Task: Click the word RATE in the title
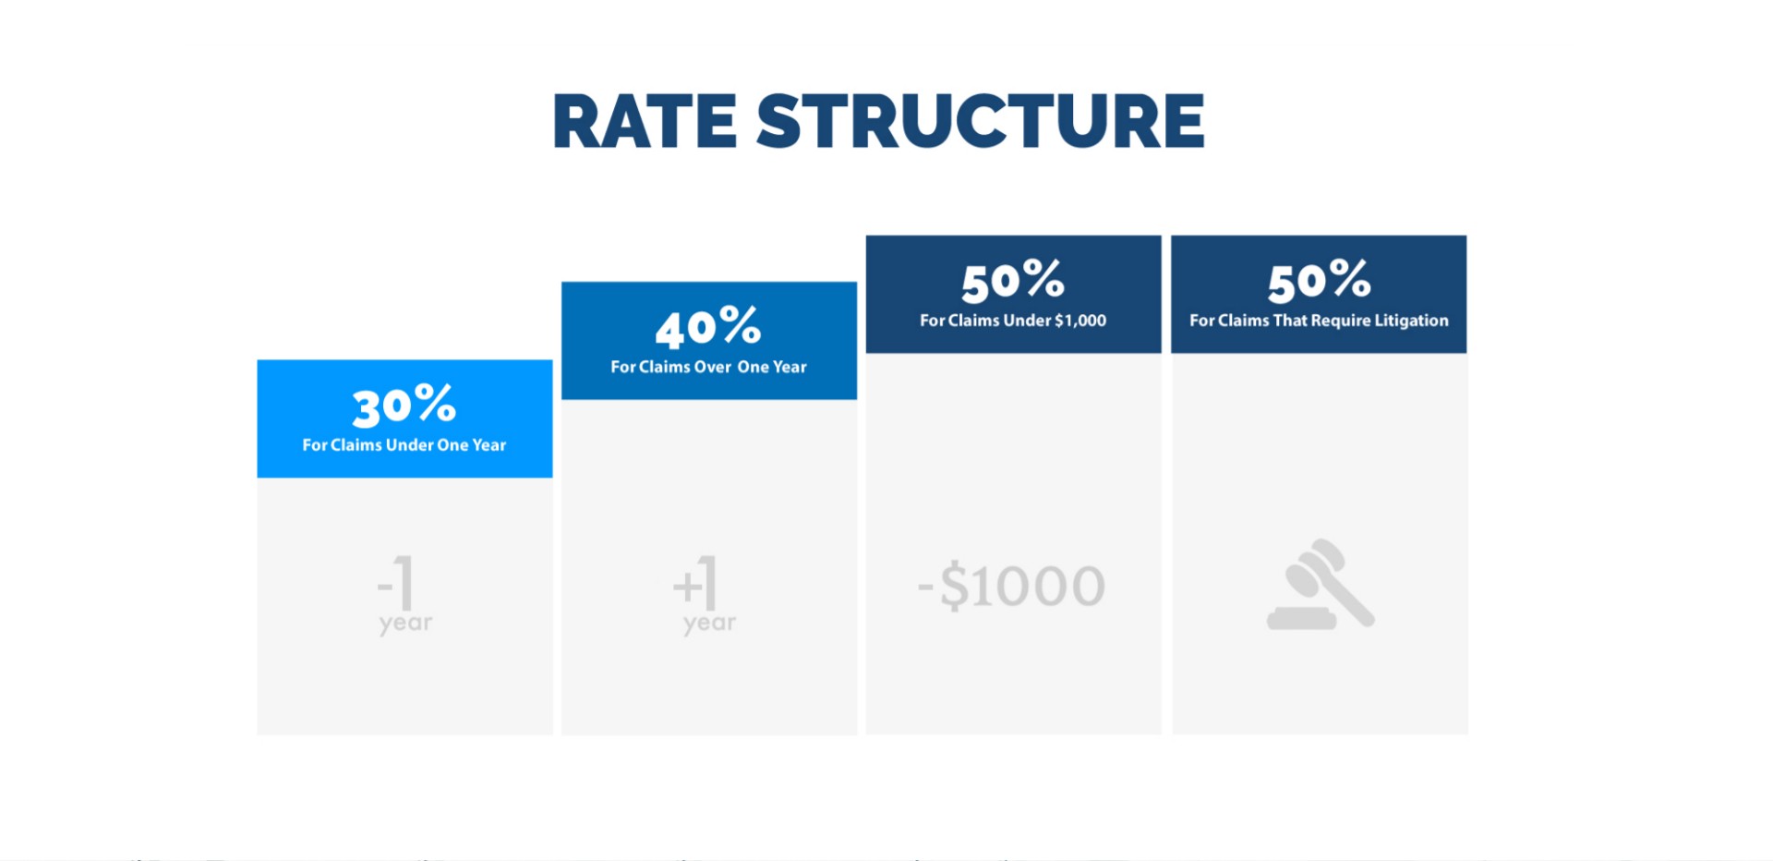pyautogui.click(x=645, y=121)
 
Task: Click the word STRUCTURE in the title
pyautogui.click(x=981, y=121)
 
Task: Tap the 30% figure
pyautogui.click(x=404, y=406)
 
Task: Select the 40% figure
pyautogui.click(x=708, y=327)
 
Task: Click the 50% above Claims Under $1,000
pyautogui.click(x=1013, y=281)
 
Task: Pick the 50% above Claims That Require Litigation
pyautogui.click(x=1319, y=281)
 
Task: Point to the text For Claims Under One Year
pyautogui.click(x=404, y=445)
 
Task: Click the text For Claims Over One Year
pyautogui.click(x=708, y=367)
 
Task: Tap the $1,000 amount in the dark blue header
pyautogui.click(x=1080, y=321)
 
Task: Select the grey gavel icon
pyautogui.click(x=1321, y=584)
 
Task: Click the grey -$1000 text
pyautogui.click(x=1012, y=586)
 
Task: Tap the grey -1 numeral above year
pyautogui.click(x=396, y=582)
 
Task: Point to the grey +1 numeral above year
pyautogui.click(x=695, y=582)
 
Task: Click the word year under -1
pyautogui.click(x=405, y=625)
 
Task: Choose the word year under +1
pyautogui.click(x=709, y=625)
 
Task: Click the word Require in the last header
pyautogui.click(x=1341, y=321)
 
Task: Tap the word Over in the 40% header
pyautogui.click(x=713, y=367)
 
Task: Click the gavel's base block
pyautogui.click(x=1301, y=618)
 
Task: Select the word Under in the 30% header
pyautogui.click(x=410, y=445)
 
